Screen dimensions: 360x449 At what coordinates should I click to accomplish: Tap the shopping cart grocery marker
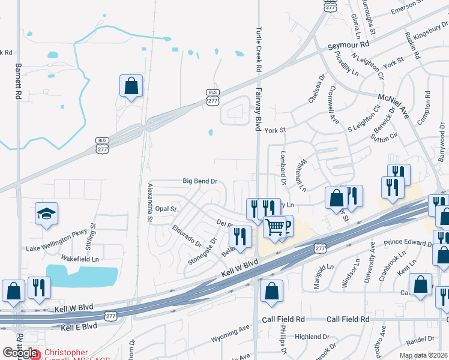[x=274, y=227]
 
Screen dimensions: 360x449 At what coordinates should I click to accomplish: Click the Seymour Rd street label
[x=348, y=46]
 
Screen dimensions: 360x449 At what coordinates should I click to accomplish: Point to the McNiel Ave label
[x=393, y=98]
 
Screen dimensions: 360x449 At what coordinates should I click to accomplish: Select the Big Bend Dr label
[x=199, y=181]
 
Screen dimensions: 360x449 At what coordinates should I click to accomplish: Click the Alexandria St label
[x=149, y=203]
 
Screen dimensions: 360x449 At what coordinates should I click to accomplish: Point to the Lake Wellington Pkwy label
[x=56, y=246]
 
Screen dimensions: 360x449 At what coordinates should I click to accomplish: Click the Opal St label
[x=166, y=209]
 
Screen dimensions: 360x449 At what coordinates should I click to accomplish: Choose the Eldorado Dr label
[x=186, y=235]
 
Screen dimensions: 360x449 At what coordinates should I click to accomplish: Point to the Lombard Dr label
[x=282, y=163]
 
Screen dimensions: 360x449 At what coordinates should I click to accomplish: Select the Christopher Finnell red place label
[x=65, y=355]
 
